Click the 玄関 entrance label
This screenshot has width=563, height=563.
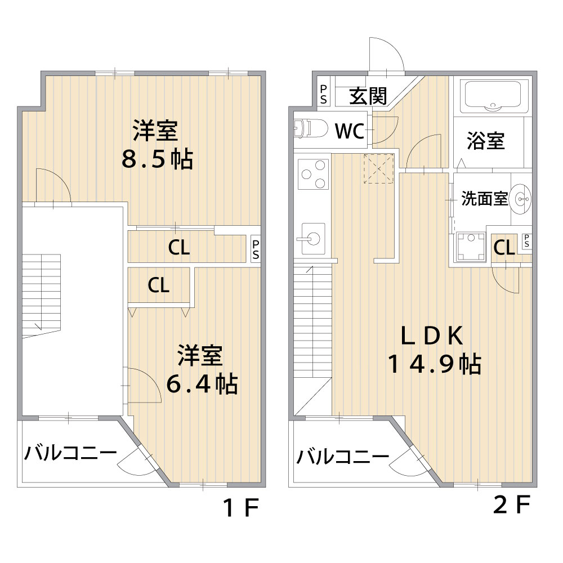pos(368,96)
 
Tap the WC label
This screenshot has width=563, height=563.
pos(350,131)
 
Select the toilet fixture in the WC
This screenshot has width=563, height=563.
pos(311,129)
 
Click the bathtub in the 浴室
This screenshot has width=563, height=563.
pos(493,95)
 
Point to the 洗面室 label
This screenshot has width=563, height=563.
pos(484,199)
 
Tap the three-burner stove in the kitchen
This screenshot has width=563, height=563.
pos(314,174)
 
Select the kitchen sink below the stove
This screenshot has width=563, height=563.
pos(312,238)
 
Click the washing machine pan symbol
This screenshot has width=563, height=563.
pos(471,247)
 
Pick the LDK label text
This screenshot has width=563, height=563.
pos(432,336)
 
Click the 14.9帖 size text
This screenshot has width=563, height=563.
pos(434,364)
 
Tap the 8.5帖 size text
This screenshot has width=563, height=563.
pos(157,159)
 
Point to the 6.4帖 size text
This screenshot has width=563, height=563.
pos(202,384)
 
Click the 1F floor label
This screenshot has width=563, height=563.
pos(241,508)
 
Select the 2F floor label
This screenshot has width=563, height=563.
pos(512,505)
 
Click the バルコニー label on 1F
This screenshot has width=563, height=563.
pos(70,453)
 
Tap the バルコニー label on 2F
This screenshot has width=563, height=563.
pos(342,457)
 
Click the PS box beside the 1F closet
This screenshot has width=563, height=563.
pos(255,249)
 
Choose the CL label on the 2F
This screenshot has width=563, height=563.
pos(504,247)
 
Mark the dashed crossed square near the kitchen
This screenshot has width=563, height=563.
pos(379,169)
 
